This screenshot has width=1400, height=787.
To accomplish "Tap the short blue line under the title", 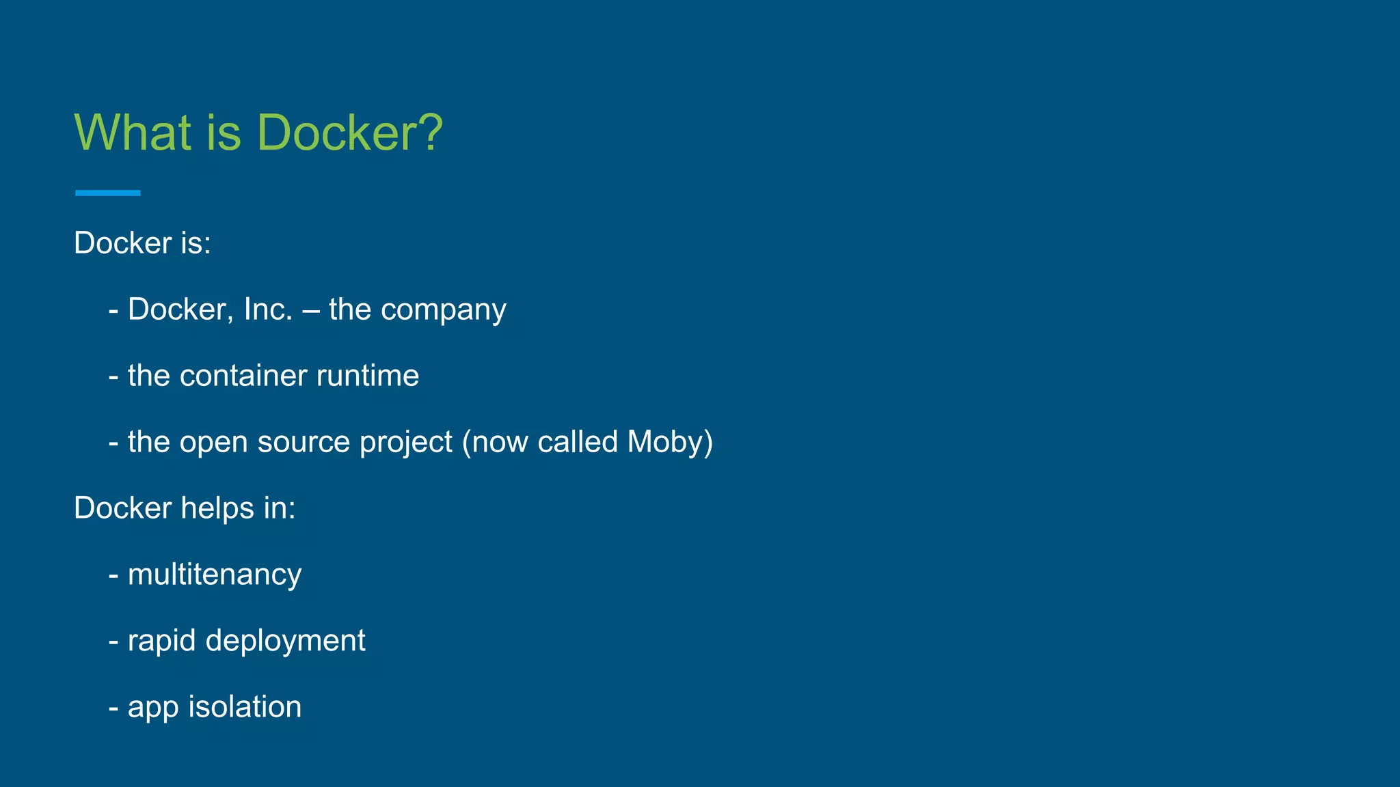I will [108, 193].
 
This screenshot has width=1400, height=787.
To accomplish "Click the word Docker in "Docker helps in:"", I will [123, 508].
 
